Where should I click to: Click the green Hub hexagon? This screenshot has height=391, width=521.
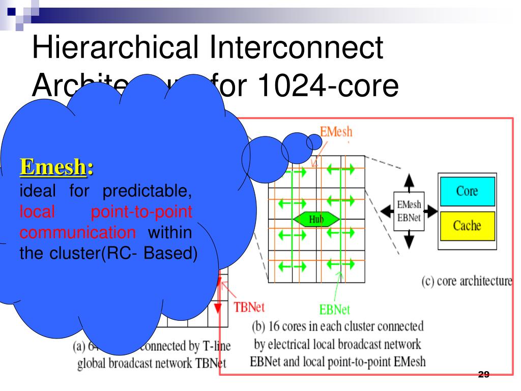[316, 219]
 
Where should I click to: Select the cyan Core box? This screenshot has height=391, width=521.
[467, 191]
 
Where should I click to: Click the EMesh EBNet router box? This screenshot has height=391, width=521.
[409, 211]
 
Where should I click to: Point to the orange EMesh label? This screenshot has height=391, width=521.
[336, 132]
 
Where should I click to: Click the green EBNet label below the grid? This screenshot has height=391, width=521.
[334, 309]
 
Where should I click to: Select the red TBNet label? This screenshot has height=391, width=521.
[249, 308]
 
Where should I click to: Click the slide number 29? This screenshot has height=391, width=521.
[483, 375]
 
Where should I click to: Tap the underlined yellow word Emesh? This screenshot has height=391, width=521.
[52, 166]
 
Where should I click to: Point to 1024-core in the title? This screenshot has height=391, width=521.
[329, 85]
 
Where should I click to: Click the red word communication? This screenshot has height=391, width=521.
[78, 233]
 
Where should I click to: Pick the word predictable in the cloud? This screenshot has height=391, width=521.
[147, 191]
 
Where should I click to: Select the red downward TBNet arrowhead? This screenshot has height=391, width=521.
[218, 309]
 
